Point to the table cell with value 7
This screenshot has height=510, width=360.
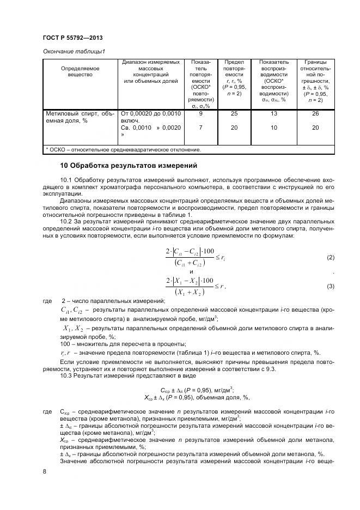(x=201, y=127)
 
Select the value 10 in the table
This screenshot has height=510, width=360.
(x=273, y=127)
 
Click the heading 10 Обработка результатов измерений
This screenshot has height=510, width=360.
(x=127, y=165)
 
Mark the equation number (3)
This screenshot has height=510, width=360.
(x=330, y=286)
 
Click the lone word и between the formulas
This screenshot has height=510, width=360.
(x=191, y=271)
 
